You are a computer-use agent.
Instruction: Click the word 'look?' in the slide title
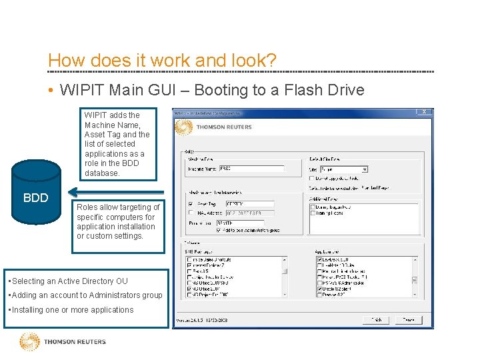point(252,60)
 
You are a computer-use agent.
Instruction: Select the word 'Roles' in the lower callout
point(89,207)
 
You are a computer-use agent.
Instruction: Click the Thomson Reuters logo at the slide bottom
point(63,342)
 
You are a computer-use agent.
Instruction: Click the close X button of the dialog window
point(425,112)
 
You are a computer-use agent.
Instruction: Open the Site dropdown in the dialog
point(364,169)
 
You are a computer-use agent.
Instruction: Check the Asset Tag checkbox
point(191,204)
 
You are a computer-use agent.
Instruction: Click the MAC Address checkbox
point(191,213)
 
